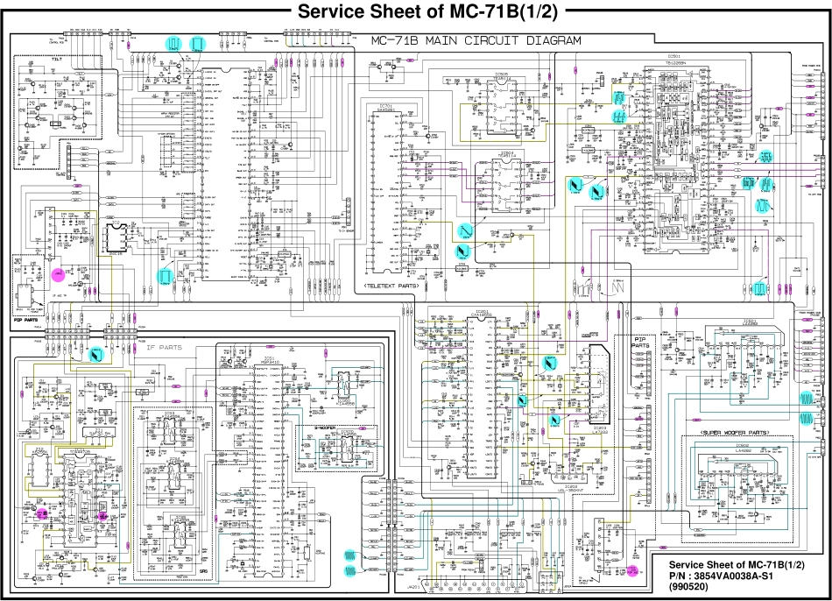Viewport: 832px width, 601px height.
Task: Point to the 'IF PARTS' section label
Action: pyautogui.click(x=165, y=347)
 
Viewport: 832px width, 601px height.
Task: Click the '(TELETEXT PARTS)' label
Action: pyautogui.click(x=391, y=286)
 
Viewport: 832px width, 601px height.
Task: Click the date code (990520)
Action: pyautogui.click(x=689, y=587)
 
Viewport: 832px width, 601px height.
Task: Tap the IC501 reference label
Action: pyautogui.click(x=673, y=54)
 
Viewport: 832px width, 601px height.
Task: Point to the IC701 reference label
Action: pyautogui.click(x=386, y=106)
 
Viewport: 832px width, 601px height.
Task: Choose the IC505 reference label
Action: pyautogui.click(x=503, y=75)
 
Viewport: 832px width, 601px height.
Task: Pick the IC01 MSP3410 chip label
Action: pyautogui.click(x=268, y=360)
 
